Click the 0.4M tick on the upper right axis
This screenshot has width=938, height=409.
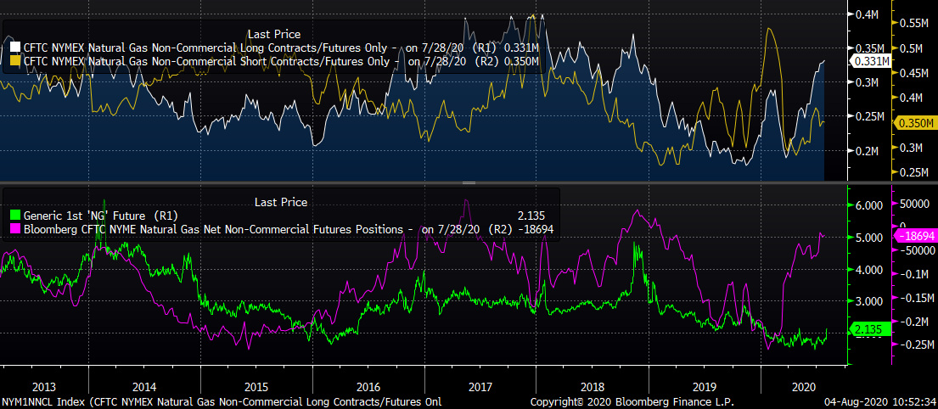coord(867,15)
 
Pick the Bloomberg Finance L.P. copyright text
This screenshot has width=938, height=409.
coord(632,401)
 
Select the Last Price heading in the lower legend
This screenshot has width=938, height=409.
coord(281,202)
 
